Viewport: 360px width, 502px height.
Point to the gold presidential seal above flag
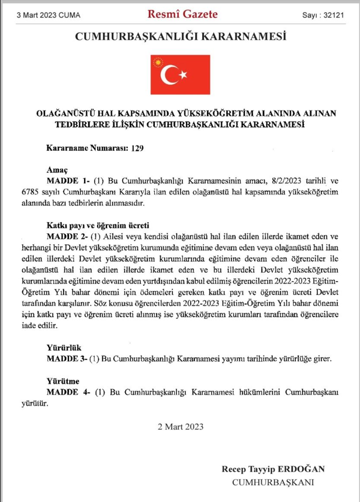tap(157, 60)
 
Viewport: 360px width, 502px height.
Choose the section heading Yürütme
tap(60, 379)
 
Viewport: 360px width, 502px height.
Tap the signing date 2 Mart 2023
tap(180, 427)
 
